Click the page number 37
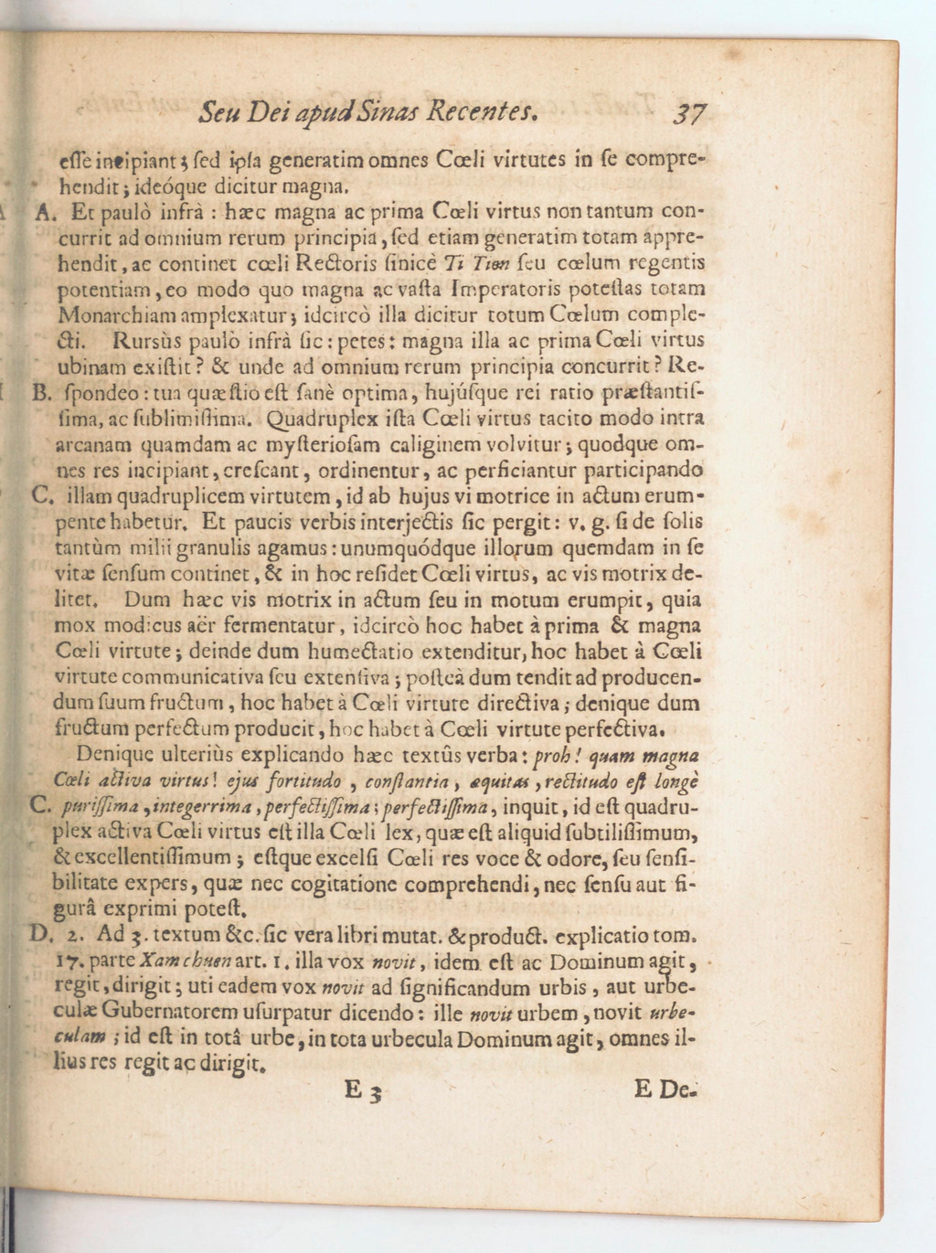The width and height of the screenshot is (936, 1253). pos(689,114)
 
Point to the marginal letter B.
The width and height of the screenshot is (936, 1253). pos(42,393)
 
